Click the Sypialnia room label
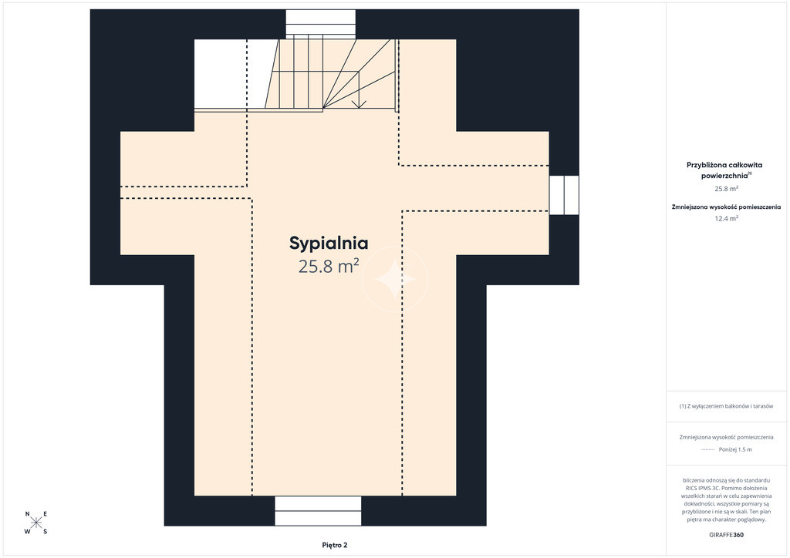329,244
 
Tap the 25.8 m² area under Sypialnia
329,266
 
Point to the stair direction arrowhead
359,104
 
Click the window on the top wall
320,24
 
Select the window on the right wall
564,195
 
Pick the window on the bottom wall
318,511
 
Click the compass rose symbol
36,523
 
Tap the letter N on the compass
27,514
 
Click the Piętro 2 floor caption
335,545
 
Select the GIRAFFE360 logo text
726,535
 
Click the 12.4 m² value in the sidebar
726,218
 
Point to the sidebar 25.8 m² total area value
726,189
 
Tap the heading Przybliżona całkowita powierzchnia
724,170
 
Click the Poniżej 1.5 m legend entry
735,449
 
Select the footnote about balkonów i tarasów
726,406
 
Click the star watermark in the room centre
394,279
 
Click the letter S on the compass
46,531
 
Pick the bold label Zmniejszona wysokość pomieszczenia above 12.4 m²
726,207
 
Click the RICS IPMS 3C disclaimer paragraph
726,499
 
